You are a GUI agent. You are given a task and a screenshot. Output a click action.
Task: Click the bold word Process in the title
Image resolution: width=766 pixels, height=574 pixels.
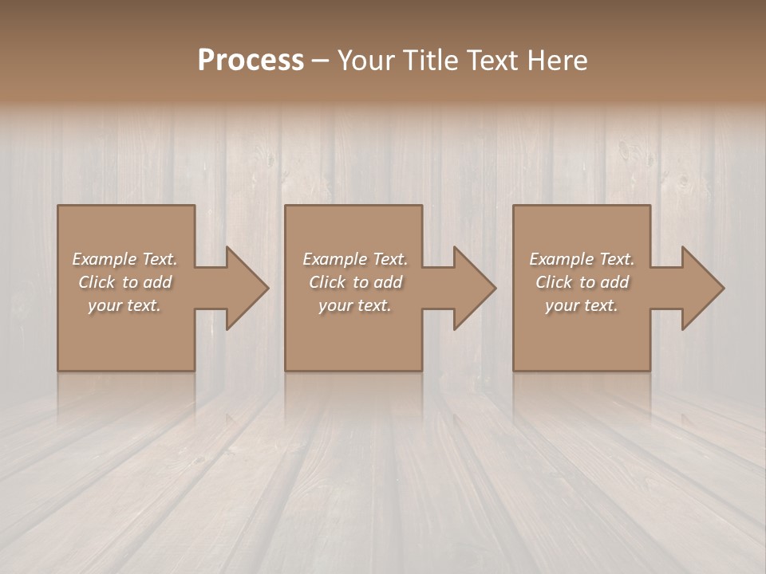point(251,61)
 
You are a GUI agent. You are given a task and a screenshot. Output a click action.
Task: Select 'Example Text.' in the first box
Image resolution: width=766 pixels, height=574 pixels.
point(124,259)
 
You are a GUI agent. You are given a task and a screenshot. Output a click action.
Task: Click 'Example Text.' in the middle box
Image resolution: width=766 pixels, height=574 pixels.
point(355,259)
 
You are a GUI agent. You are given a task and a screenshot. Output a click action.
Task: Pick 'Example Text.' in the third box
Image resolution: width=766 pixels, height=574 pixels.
point(582,259)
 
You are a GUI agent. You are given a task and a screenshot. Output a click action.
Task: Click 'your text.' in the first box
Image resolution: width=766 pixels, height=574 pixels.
point(124,305)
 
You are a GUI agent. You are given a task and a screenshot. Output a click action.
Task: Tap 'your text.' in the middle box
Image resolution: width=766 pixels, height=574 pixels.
point(355,305)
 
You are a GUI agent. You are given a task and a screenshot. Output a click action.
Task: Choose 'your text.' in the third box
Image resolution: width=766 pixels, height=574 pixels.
point(582,305)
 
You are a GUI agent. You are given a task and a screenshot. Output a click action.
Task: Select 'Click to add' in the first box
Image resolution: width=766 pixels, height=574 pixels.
point(124,282)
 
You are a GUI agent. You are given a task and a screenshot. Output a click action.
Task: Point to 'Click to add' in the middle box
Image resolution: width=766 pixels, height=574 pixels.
point(355,282)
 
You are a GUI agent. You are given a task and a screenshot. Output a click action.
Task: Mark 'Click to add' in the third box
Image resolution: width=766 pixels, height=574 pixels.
point(582,282)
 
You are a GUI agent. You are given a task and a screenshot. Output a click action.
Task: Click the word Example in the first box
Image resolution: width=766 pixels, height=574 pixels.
point(102,259)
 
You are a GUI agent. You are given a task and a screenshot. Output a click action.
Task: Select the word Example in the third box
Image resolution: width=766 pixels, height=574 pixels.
point(559,259)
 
